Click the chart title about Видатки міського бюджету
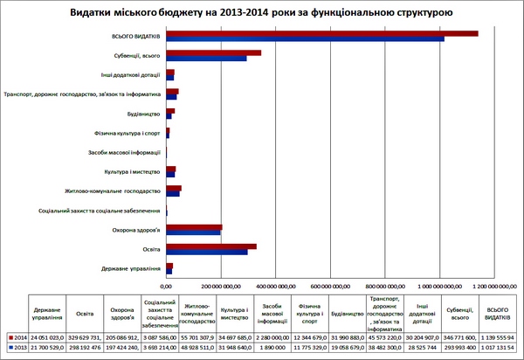262,13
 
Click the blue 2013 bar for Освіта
207,252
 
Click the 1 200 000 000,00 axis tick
493,285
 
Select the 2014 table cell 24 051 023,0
47,336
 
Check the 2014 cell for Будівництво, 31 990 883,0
347,336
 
